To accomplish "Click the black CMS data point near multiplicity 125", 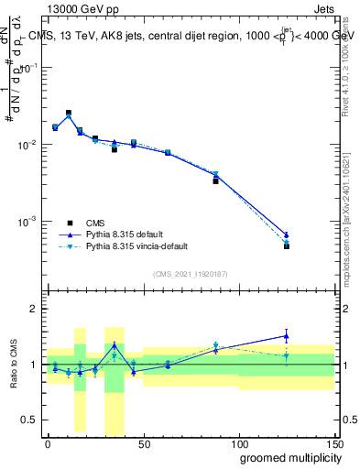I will pyautogui.click(x=287, y=246).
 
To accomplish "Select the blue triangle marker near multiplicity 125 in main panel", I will pyautogui.click(x=287, y=235).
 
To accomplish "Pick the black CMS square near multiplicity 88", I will pyautogui.click(x=215, y=181).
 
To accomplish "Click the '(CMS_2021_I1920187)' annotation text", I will pyautogui.click(x=190, y=274).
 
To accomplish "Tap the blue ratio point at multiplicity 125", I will pyautogui.click(x=287, y=335).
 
